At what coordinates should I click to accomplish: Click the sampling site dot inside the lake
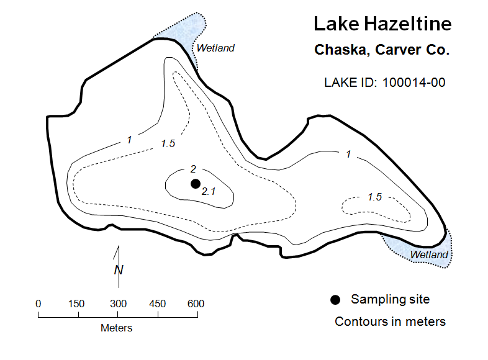pyautogui.click(x=196, y=184)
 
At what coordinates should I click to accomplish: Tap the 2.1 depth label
pyautogui.click(x=208, y=191)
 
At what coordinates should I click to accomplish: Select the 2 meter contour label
pyautogui.click(x=193, y=169)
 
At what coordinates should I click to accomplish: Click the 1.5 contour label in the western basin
pyautogui.click(x=168, y=143)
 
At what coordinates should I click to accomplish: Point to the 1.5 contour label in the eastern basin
pyautogui.click(x=374, y=197)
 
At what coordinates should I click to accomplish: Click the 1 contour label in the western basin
pyautogui.click(x=130, y=140)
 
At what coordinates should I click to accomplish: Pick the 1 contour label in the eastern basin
pyautogui.click(x=348, y=154)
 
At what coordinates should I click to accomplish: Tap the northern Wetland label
pyautogui.click(x=215, y=48)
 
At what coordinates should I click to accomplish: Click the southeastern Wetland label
pyautogui.click(x=429, y=254)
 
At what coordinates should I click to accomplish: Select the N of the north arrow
pyautogui.click(x=119, y=270)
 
